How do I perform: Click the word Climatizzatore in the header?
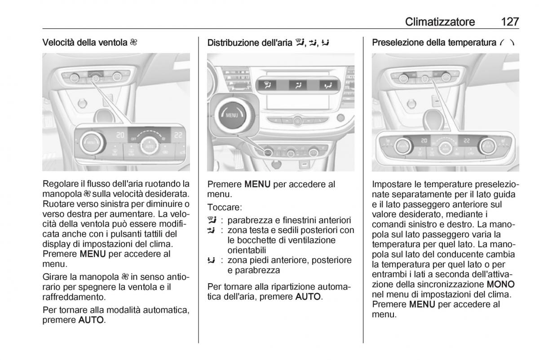pyautogui.click(x=440, y=21)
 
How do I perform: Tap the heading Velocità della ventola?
pyautogui.click(x=85, y=43)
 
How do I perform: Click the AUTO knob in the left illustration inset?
pyautogui.click(x=148, y=145)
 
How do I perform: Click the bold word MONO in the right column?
pyautogui.click(x=501, y=285)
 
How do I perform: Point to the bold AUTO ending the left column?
pyautogui.click(x=91, y=320)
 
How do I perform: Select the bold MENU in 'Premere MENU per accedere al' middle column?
pyautogui.click(x=257, y=184)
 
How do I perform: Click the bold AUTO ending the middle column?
pyautogui.click(x=309, y=297)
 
